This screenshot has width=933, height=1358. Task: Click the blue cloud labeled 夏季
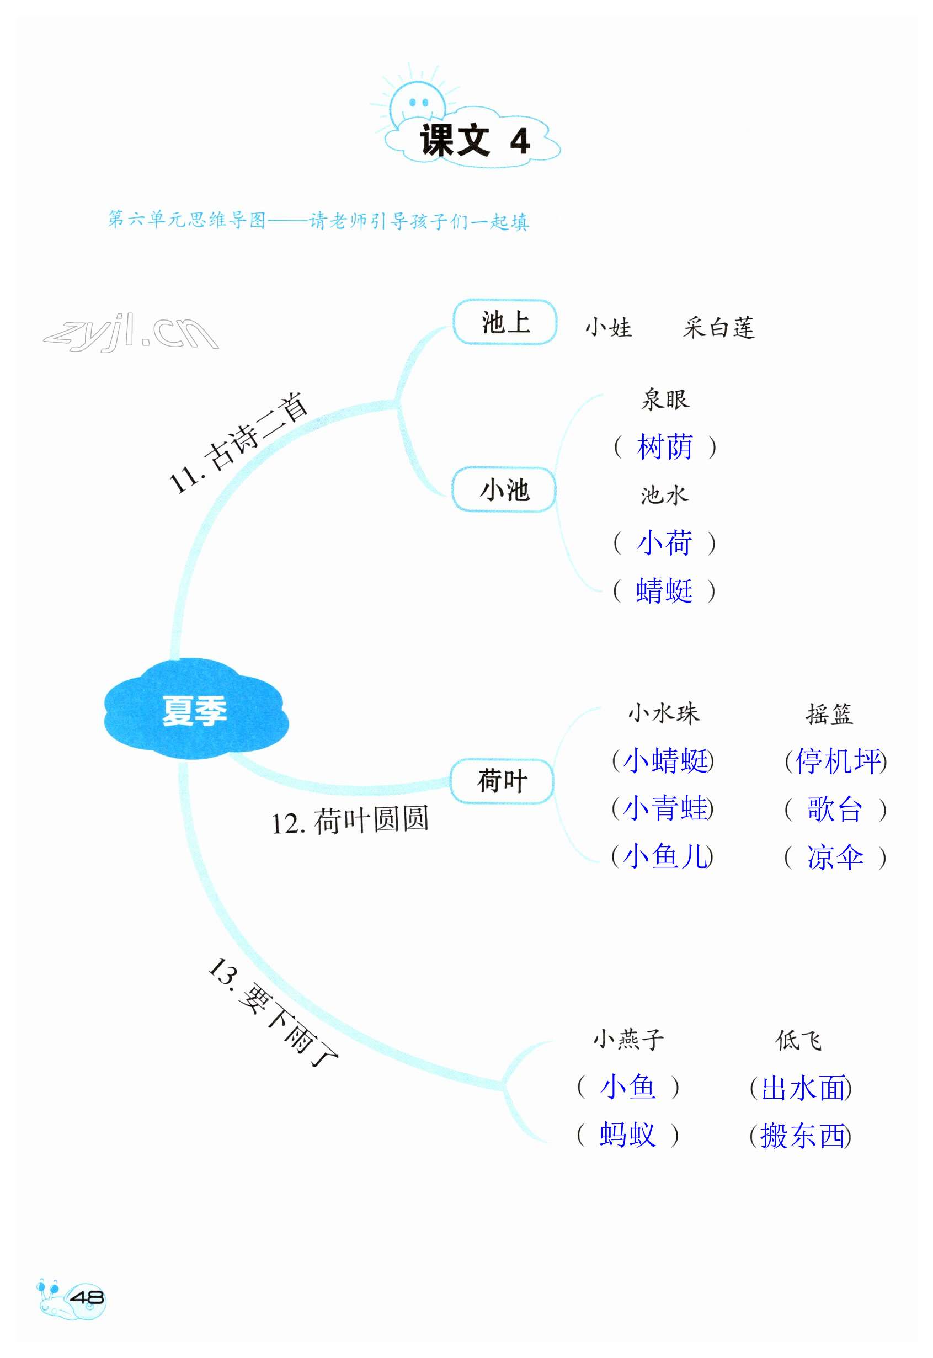[x=195, y=710]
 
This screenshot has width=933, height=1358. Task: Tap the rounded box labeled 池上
[x=505, y=323]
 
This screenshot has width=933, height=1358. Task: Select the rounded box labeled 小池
[x=504, y=490]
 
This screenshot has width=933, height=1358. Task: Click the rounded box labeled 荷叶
[x=502, y=781]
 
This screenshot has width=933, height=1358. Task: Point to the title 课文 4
[x=474, y=141]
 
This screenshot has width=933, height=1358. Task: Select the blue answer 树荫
[x=665, y=447]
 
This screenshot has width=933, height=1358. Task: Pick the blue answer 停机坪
[x=837, y=761]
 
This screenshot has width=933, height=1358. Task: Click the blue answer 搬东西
[x=802, y=1136]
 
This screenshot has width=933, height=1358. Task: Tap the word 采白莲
[x=718, y=328]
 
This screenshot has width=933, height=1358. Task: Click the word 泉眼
[x=665, y=400]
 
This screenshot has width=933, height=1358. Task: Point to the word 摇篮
[x=829, y=714]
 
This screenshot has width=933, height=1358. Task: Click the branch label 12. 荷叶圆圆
[x=350, y=820]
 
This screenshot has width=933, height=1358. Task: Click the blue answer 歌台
[x=835, y=810]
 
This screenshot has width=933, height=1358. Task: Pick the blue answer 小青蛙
[x=665, y=808]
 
